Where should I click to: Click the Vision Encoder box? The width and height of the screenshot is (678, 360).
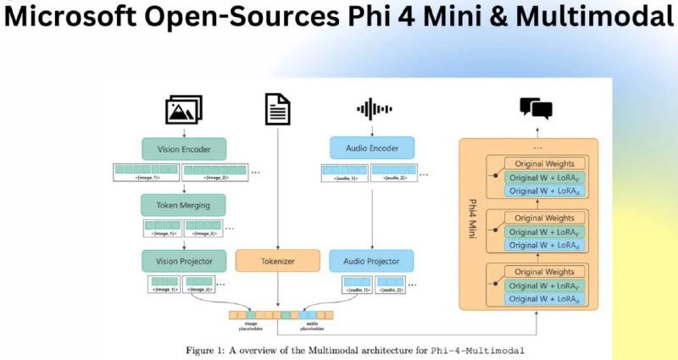pos(183,150)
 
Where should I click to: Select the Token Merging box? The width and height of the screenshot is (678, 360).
pos(183,204)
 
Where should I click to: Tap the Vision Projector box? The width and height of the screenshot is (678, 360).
pos(183,260)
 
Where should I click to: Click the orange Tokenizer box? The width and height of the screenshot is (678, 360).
pos(277,260)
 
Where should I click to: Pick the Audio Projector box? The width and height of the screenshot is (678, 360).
pos(371,260)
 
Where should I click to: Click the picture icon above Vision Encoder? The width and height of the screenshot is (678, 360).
pos(183,109)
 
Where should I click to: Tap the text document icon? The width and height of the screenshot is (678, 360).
pos(277,109)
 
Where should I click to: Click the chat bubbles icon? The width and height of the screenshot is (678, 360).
pos(536,108)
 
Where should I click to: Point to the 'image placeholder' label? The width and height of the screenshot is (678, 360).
pos(250,325)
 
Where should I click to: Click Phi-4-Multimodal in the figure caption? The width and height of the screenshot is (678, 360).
pos(477,349)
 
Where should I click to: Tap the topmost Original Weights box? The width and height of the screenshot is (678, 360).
pos(544,163)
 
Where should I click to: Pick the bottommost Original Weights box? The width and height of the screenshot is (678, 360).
pos(544,272)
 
